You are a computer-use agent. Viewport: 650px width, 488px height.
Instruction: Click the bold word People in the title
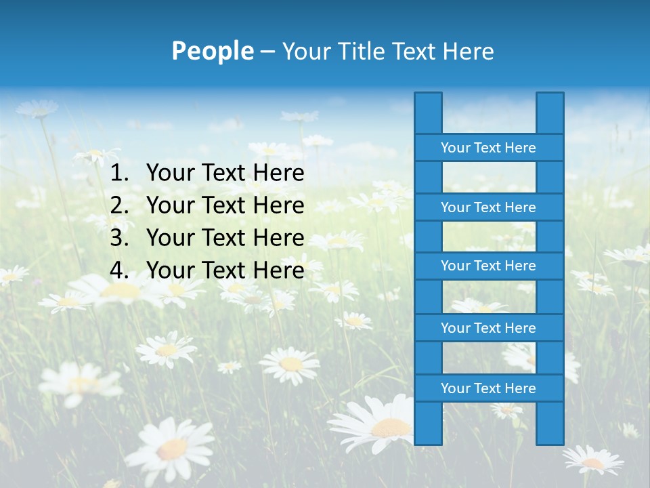[212, 51]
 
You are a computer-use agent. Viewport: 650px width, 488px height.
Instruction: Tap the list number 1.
[118, 174]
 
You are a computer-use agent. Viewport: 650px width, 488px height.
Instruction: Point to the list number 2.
[118, 205]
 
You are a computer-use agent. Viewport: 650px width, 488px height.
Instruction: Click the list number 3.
[118, 238]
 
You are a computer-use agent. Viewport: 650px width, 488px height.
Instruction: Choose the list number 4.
[118, 270]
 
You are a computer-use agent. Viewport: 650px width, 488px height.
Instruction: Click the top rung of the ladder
[488, 148]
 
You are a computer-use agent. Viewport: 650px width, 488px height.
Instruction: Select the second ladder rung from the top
[488, 207]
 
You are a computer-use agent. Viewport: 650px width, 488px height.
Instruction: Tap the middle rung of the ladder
[488, 266]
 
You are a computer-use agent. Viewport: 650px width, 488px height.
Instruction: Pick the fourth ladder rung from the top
[488, 328]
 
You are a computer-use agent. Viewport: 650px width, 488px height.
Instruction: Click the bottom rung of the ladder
[488, 388]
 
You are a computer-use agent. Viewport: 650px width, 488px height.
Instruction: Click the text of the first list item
[225, 174]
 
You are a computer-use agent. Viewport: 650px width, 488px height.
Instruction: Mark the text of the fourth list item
[225, 270]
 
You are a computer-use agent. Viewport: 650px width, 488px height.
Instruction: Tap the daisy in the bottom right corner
[592, 460]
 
